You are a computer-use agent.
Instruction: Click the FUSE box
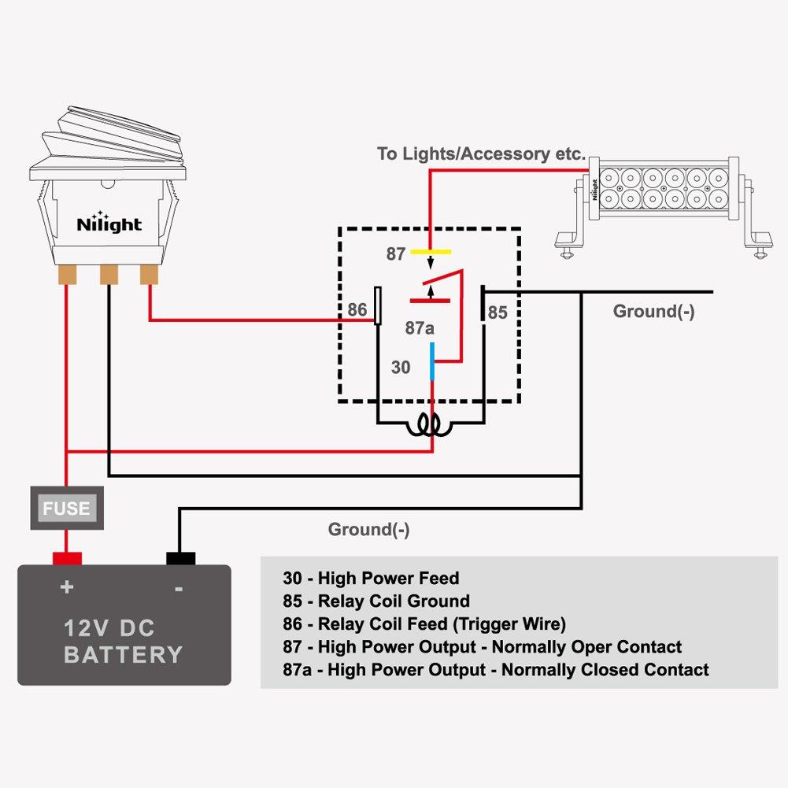click(67, 509)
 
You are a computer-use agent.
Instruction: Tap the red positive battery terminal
click(67, 559)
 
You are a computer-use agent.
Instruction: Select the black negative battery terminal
click(180, 559)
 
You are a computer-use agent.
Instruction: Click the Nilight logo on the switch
click(109, 223)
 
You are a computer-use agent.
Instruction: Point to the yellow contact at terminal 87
click(430, 253)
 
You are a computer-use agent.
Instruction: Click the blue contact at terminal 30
click(431, 361)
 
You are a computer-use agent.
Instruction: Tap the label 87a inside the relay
click(420, 328)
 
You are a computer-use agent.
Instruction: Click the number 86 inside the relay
click(357, 309)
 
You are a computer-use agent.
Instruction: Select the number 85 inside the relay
click(498, 313)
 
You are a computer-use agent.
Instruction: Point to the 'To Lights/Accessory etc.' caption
click(481, 154)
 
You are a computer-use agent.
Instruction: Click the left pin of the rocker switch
click(66, 275)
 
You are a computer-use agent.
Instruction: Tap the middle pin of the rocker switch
click(108, 275)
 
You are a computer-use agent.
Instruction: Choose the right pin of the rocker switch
click(149, 275)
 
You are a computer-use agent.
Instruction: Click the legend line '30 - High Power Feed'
click(370, 579)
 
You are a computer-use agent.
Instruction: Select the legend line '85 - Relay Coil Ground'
click(376, 601)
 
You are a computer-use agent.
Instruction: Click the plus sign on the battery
click(67, 587)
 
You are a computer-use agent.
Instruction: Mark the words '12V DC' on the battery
click(109, 628)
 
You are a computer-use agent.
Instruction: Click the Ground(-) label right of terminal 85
click(653, 312)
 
